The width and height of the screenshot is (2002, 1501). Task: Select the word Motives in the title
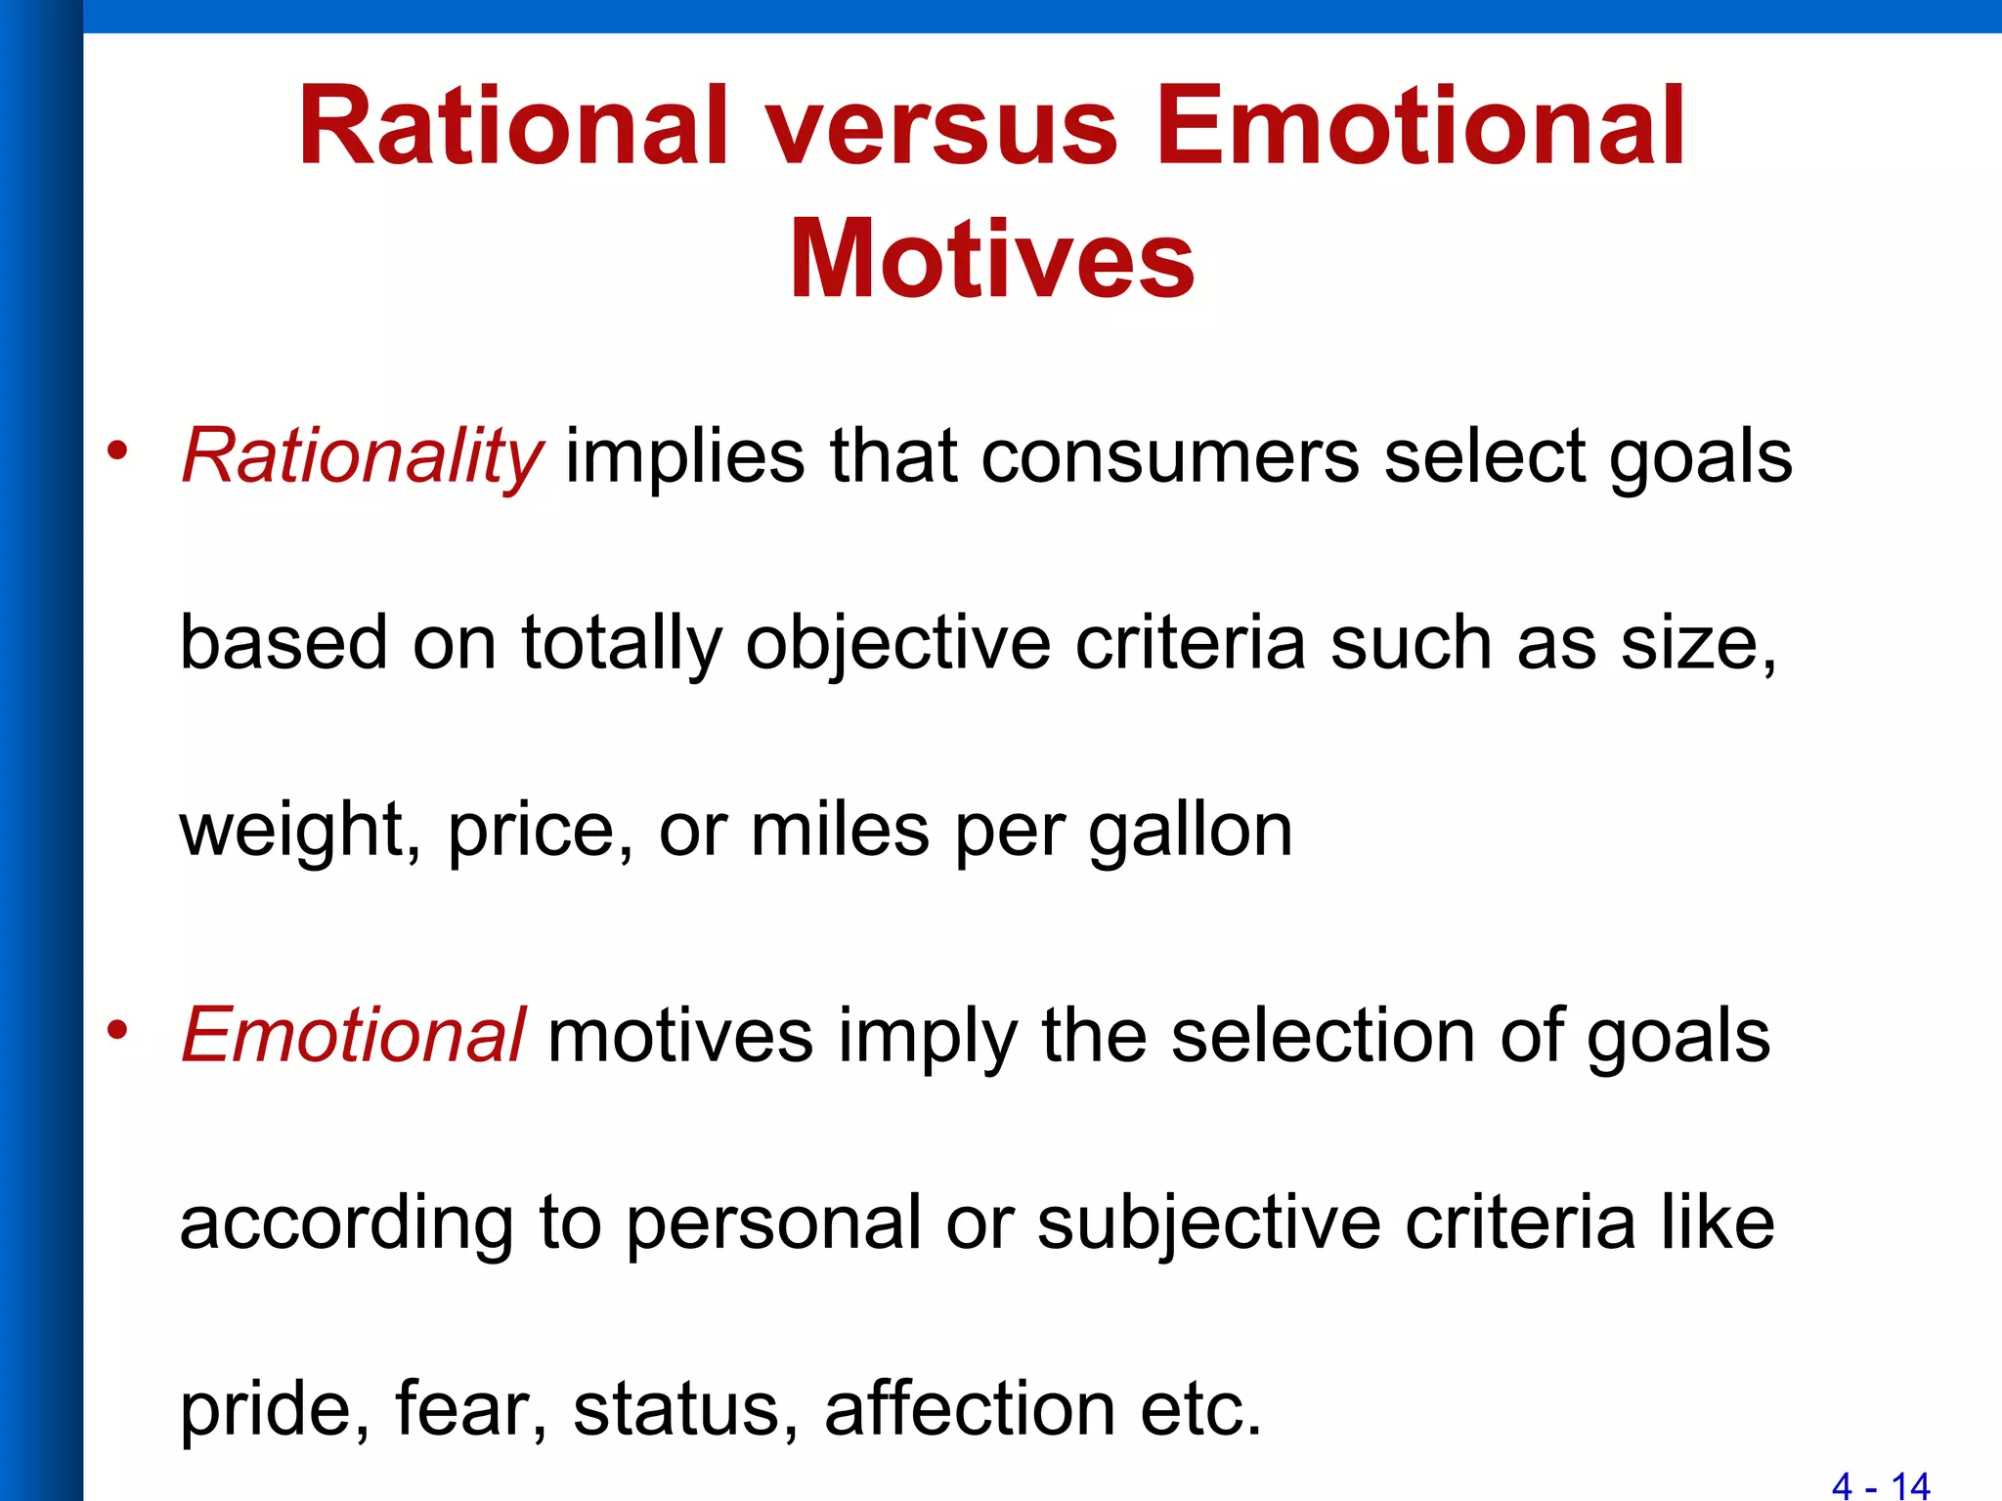click(991, 260)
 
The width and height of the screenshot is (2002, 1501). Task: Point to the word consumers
click(1169, 457)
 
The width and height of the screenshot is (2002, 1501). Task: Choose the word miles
click(839, 830)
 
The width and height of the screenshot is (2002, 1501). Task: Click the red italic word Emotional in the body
click(354, 1036)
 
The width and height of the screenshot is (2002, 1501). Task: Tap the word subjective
click(1208, 1223)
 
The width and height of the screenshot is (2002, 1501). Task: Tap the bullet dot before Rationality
click(118, 450)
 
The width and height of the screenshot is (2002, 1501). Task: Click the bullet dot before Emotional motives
click(118, 1029)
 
